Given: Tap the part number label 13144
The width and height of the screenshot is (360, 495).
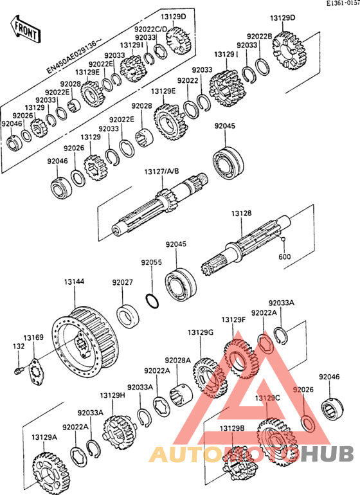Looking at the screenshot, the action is point(74,282).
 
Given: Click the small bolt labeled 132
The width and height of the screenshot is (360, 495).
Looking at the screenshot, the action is point(19,370).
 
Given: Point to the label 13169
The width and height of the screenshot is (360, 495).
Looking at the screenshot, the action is point(33,337).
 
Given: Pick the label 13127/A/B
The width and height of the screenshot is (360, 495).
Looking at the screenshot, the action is point(162,172).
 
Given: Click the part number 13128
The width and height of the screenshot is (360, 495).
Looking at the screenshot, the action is point(241,213).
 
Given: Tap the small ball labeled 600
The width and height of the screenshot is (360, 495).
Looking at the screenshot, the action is point(284,239).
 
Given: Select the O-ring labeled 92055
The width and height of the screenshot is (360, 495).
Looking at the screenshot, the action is point(152,301).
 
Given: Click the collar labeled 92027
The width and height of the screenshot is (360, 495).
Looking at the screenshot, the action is point(128,315).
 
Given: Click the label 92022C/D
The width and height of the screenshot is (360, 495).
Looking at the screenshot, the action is point(150,30).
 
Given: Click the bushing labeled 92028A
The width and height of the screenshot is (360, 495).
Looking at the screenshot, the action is point(181,395).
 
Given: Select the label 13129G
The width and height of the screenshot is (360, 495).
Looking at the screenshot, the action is point(200,332).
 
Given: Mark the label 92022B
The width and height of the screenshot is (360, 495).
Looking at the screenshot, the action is point(259,36).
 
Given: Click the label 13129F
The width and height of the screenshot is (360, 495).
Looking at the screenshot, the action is point(233,319).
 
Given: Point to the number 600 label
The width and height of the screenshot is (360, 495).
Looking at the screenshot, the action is point(285,256).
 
